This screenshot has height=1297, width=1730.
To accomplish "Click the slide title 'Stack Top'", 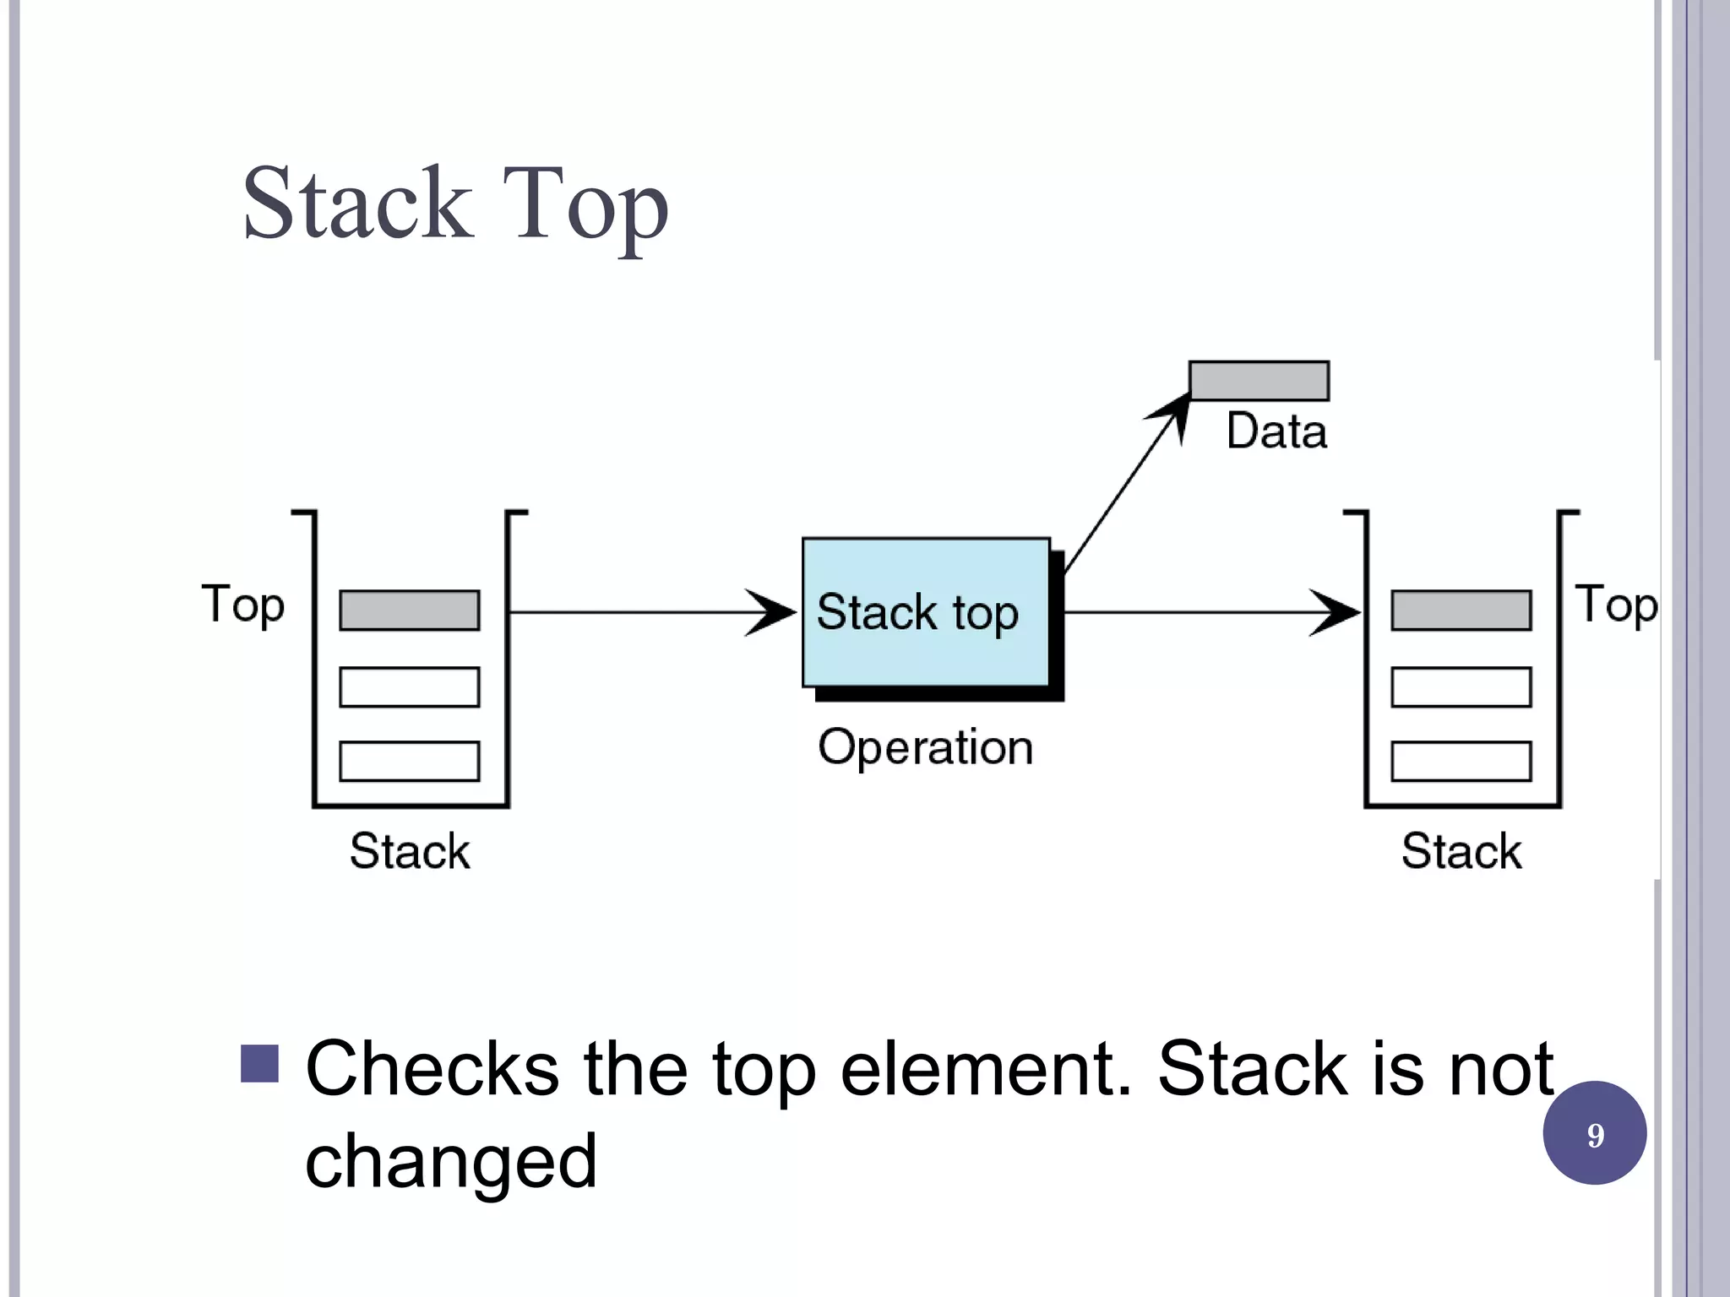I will click(x=455, y=204).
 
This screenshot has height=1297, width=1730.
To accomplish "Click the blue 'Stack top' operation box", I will click(x=926, y=612).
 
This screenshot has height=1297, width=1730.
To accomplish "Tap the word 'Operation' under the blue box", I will click(x=926, y=747).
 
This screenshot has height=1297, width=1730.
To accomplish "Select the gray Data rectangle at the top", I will click(x=1259, y=381).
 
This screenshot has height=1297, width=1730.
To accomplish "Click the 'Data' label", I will click(x=1276, y=431).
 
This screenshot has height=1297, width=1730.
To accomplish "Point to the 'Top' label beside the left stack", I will click(x=243, y=605).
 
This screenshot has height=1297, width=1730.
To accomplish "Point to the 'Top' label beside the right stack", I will click(x=1616, y=605).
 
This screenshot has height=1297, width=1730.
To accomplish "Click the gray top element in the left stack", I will click(x=410, y=611).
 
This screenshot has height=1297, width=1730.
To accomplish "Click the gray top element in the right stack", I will click(x=1461, y=611).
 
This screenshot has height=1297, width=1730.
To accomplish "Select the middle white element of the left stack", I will click(x=410, y=686).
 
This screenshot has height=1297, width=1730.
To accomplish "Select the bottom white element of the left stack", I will click(x=410, y=761).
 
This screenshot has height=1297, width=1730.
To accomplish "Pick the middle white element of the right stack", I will click(x=1461, y=686).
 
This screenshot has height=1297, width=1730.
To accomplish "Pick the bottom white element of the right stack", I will click(x=1461, y=761).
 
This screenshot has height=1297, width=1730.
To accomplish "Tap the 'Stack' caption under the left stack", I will click(x=410, y=851).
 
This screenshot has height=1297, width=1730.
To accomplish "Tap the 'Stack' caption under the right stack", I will click(x=1461, y=851).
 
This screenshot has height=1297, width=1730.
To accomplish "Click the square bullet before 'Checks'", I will click(x=259, y=1064).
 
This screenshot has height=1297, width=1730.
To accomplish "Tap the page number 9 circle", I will click(x=1594, y=1133).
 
